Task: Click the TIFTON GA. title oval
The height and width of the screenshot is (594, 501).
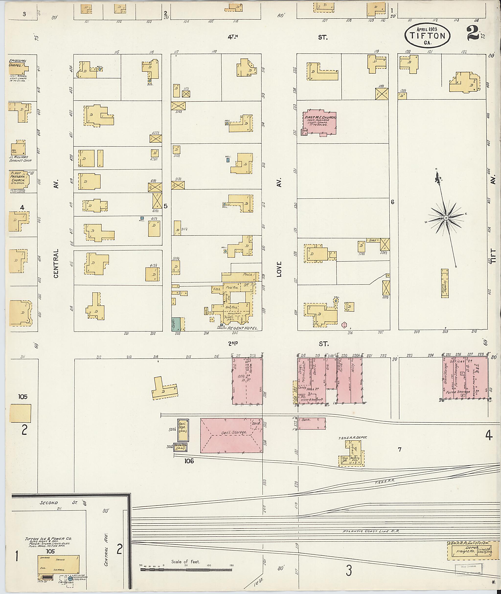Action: pos(427,35)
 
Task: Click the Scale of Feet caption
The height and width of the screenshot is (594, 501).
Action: pos(185,562)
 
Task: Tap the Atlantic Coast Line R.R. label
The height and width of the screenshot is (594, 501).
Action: pos(371,531)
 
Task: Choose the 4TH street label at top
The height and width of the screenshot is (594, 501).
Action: pos(233,37)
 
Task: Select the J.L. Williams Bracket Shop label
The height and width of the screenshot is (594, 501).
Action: pos(20,158)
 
